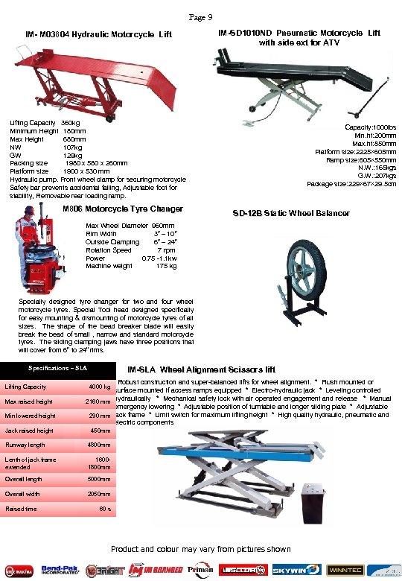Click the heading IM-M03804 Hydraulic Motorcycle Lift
pos(98,35)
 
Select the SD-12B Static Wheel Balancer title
pos(290,213)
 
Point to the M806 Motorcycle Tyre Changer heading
pos(123,209)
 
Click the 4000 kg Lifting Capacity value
pos(99,387)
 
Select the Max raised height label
pos(28,402)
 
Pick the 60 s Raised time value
pos(105,509)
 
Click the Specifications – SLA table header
pos(58,369)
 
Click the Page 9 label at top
pos(201,17)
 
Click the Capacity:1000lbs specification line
pos(371,127)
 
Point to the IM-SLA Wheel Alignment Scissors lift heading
pos(202,369)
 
